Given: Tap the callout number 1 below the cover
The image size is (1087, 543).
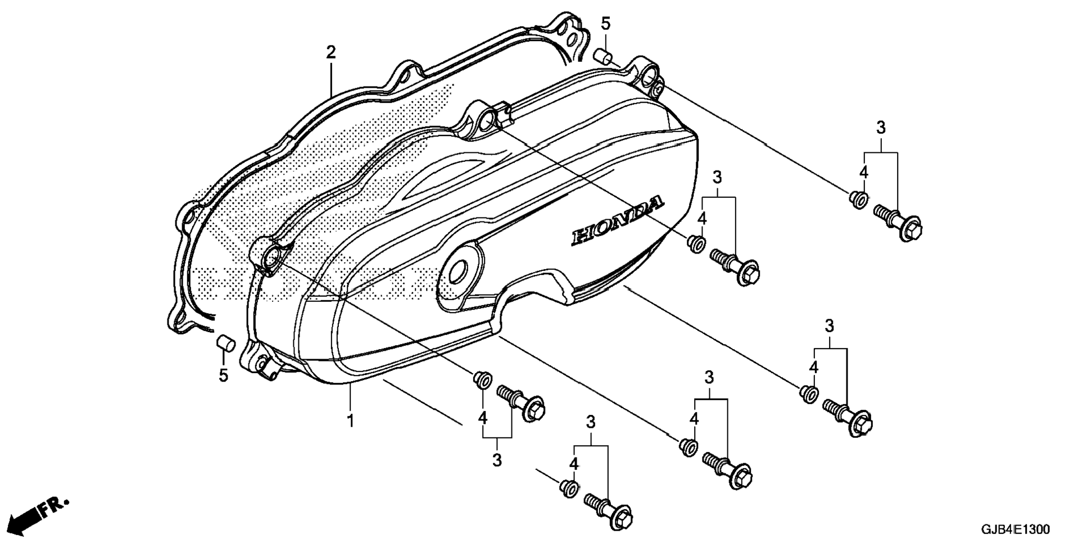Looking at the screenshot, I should click(350, 420).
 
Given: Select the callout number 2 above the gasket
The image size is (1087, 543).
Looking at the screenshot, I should click(331, 53).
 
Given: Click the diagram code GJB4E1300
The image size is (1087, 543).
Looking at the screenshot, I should click(1015, 530).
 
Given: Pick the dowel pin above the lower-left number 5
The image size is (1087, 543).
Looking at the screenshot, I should click(225, 342).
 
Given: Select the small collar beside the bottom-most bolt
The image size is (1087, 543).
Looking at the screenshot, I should click(569, 487).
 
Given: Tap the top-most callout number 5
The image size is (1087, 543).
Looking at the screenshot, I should click(605, 24).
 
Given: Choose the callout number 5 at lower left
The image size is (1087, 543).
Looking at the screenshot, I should click(224, 375).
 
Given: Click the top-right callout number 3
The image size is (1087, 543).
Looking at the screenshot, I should click(881, 128).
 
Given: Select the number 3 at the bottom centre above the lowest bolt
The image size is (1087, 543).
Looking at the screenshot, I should click(591, 423).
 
